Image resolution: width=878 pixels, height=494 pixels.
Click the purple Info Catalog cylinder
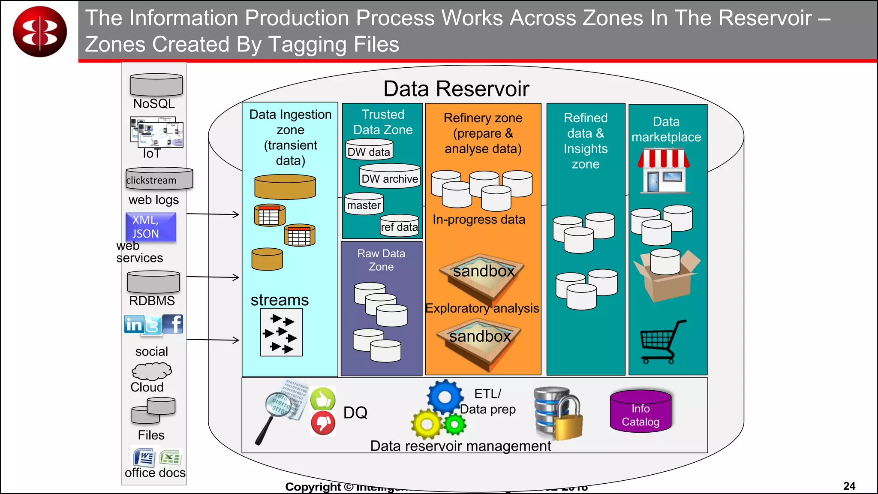pos(640,411)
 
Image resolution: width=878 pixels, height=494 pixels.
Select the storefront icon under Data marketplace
pos(664,171)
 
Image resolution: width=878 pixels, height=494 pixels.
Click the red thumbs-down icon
pos(323,422)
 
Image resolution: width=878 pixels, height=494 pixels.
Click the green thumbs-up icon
pos(322,399)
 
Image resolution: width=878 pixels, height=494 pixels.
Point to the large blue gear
pos(445,397)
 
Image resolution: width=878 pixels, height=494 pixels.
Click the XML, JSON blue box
pos(150,227)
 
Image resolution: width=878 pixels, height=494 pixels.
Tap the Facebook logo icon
pos(173,324)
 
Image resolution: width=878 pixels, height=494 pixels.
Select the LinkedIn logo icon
pos(134,324)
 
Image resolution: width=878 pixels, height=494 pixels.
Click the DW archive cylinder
pos(389,176)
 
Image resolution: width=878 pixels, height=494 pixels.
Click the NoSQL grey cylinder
pos(156,85)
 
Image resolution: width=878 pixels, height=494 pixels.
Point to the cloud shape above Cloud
pos(151,371)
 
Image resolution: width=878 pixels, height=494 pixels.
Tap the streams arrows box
pos(281,332)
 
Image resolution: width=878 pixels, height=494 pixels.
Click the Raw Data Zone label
pos(381,260)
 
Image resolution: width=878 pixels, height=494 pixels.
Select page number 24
pos(849,486)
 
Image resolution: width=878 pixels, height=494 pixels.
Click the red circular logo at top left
pos(40,31)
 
